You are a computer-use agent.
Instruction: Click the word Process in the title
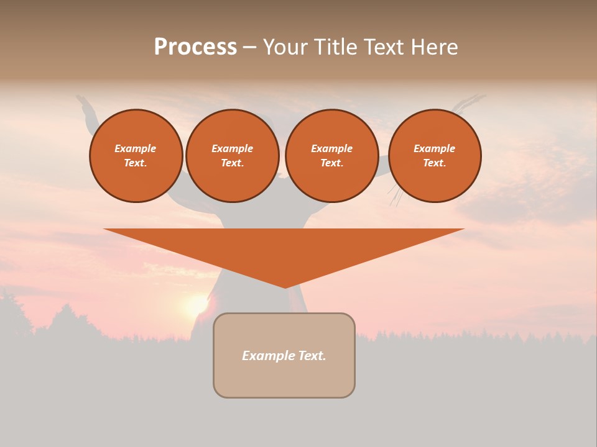(x=195, y=47)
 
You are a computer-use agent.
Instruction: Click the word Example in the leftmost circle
(x=136, y=148)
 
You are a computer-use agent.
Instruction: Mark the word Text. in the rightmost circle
(x=434, y=163)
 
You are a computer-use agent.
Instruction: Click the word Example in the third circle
(x=331, y=148)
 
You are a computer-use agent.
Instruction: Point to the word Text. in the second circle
(x=232, y=163)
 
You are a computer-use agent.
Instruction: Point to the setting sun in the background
(x=196, y=305)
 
